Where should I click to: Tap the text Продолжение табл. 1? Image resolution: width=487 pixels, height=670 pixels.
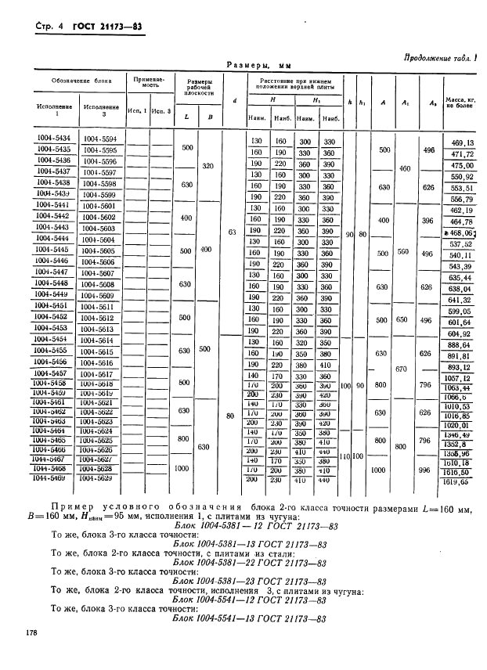439,56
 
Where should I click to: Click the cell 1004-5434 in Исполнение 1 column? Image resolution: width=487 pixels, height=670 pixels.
54,139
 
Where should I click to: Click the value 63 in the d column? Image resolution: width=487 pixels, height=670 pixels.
232,232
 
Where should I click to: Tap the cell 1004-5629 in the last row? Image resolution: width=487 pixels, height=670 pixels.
99,477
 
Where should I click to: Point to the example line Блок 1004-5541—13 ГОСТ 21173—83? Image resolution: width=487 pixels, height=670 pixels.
247,619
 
